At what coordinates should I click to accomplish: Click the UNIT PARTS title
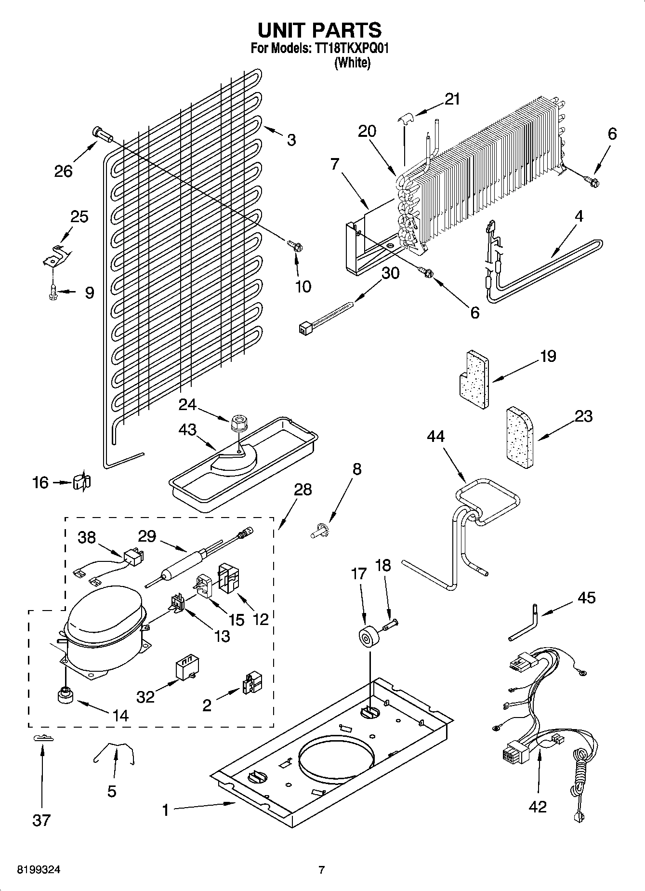point(319,30)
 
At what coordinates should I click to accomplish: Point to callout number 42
point(537,806)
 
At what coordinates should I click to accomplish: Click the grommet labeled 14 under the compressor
point(64,696)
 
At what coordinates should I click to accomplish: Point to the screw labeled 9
point(53,293)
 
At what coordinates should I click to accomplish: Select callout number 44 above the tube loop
point(435,437)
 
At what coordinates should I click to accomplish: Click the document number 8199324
point(39,870)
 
